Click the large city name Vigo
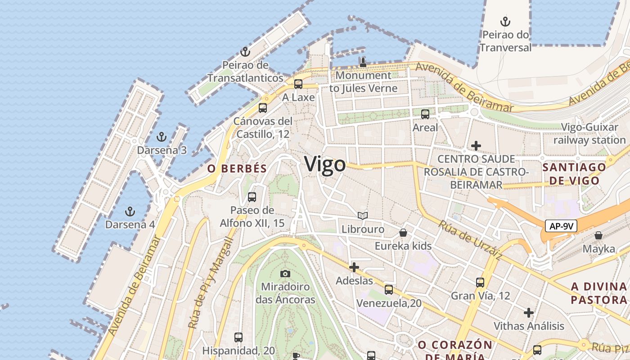click(325, 164)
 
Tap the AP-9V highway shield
click(561, 226)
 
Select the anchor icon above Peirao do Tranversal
click(505, 21)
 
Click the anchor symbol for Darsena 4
click(130, 211)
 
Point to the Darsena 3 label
click(162, 150)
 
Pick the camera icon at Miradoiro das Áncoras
click(285, 274)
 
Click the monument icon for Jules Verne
click(363, 62)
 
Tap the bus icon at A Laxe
click(298, 84)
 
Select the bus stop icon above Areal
click(425, 114)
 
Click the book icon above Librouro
click(363, 216)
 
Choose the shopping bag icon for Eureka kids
click(403, 233)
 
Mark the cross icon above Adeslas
click(354, 267)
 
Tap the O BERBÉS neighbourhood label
click(237, 169)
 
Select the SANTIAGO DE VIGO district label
click(571, 174)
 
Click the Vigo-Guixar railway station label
click(589, 134)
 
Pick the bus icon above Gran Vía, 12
click(480, 283)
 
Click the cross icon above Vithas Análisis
click(529, 312)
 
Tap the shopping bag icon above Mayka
click(598, 235)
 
